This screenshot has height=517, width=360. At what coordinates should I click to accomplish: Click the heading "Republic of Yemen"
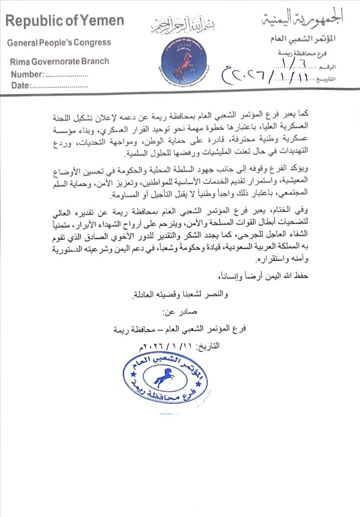pos(65,21)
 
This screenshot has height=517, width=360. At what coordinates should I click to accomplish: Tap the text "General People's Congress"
pos(59,43)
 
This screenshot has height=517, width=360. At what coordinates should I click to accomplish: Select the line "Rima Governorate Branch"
pos(60,61)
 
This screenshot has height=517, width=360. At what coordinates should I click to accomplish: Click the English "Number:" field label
pos(27,74)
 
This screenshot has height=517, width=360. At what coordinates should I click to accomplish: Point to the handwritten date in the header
pos(269,77)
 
